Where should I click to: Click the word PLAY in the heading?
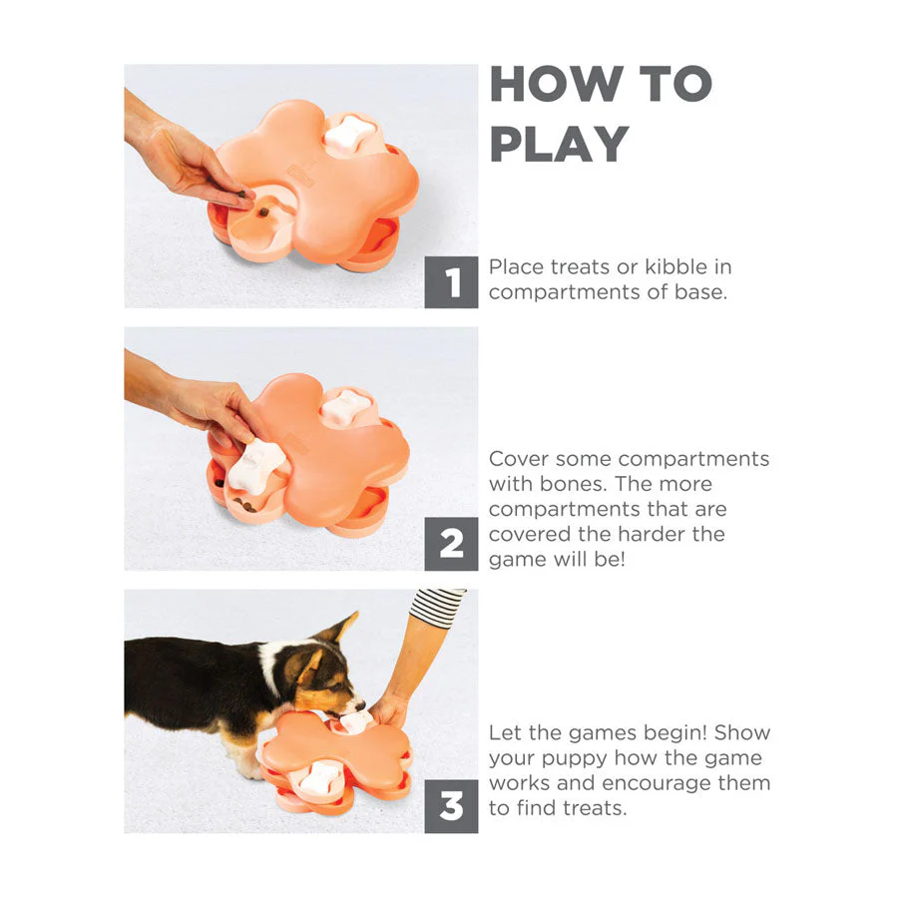point(560,145)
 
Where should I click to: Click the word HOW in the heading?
point(556,84)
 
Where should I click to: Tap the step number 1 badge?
point(451,282)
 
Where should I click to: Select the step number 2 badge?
point(451,544)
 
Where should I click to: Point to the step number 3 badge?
point(451,806)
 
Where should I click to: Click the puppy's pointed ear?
point(339,628)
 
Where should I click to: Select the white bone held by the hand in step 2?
point(255,466)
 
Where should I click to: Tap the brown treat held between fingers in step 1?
point(244,195)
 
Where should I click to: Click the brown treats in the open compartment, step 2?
point(245,506)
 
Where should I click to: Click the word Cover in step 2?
point(518,459)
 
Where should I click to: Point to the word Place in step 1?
point(516,266)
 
